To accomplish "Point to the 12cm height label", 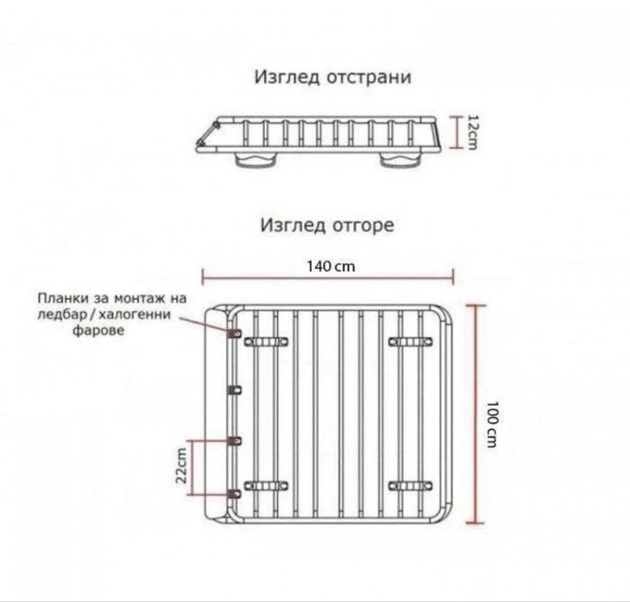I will (472, 133).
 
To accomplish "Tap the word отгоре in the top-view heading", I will (362, 226).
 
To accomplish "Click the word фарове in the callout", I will (96, 329).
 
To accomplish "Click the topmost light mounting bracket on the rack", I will (234, 331).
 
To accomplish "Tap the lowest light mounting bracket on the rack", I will (234, 494).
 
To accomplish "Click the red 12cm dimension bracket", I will (456, 133).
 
